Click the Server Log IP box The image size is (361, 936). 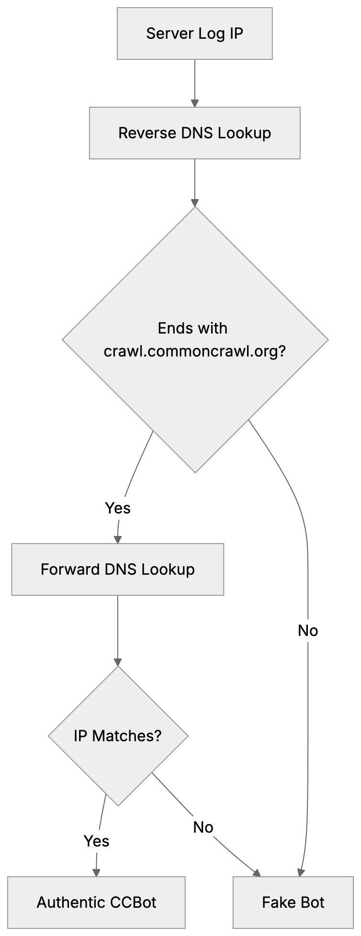[x=194, y=33]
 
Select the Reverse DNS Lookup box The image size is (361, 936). [x=194, y=133]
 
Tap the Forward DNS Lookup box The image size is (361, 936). [x=117, y=569]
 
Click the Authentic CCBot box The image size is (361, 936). [x=96, y=903]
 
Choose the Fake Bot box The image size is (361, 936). [x=293, y=903]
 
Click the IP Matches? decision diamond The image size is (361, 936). [x=118, y=736]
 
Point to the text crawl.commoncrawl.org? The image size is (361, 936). [x=194, y=351]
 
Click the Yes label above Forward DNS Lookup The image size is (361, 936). [x=118, y=508]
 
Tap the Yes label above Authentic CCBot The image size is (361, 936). [x=96, y=841]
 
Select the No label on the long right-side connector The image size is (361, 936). [x=307, y=631]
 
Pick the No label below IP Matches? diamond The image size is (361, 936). [x=203, y=827]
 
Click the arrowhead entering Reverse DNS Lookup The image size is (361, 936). [x=194, y=103]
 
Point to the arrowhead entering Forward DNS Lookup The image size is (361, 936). [x=118, y=539]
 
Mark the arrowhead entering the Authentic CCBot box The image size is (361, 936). [x=96, y=872]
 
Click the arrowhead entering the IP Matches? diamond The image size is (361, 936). [x=118, y=662]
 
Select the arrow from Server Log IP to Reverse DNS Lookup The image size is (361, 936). [x=194, y=81]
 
